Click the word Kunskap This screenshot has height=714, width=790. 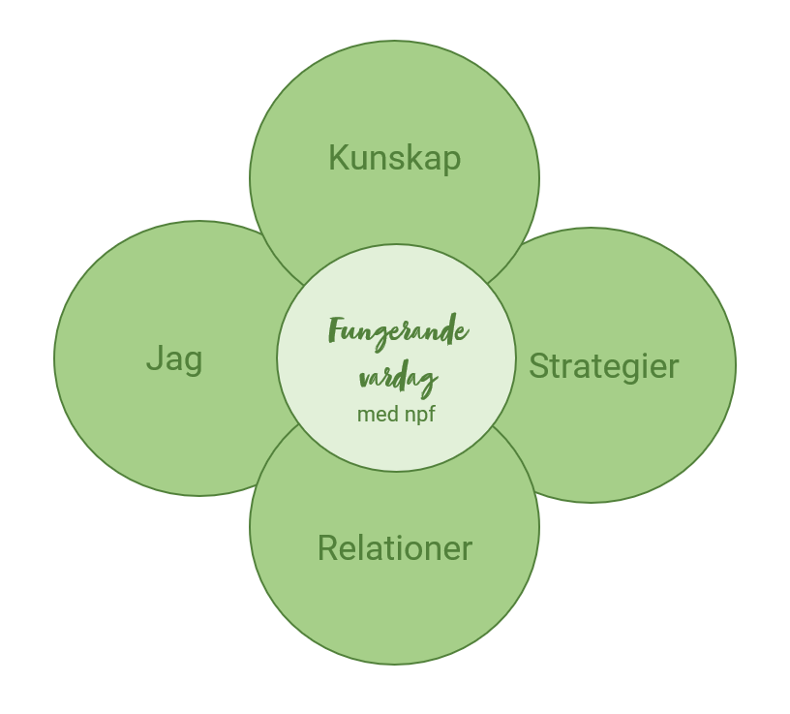pyautogui.click(x=394, y=157)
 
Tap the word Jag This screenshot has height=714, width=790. pyautogui.click(x=174, y=358)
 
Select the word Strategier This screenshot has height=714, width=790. pyautogui.click(x=603, y=366)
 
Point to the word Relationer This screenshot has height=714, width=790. pyautogui.click(x=394, y=548)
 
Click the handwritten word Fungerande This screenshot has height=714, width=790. pyautogui.click(x=398, y=332)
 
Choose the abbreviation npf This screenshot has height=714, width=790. pyautogui.click(x=417, y=416)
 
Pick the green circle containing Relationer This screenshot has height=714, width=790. pyautogui.click(x=394, y=610)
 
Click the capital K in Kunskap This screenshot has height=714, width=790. pyautogui.click(x=338, y=157)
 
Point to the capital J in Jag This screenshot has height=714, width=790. pyautogui.click(x=153, y=358)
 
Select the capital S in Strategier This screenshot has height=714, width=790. pyautogui.click(x=538, y=366)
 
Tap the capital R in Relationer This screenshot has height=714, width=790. pyautogui.click(x=327, y=548)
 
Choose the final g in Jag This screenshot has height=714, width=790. pyautogui.click(x=194, y=362)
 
